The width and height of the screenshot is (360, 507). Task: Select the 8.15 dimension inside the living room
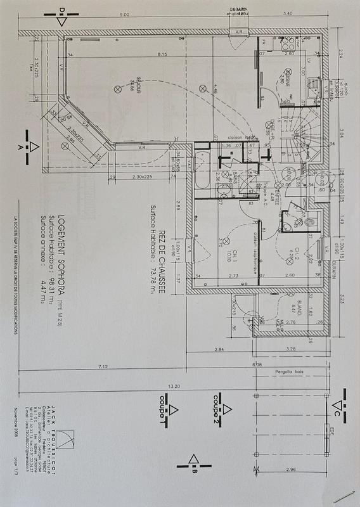[x=162, y=55]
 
